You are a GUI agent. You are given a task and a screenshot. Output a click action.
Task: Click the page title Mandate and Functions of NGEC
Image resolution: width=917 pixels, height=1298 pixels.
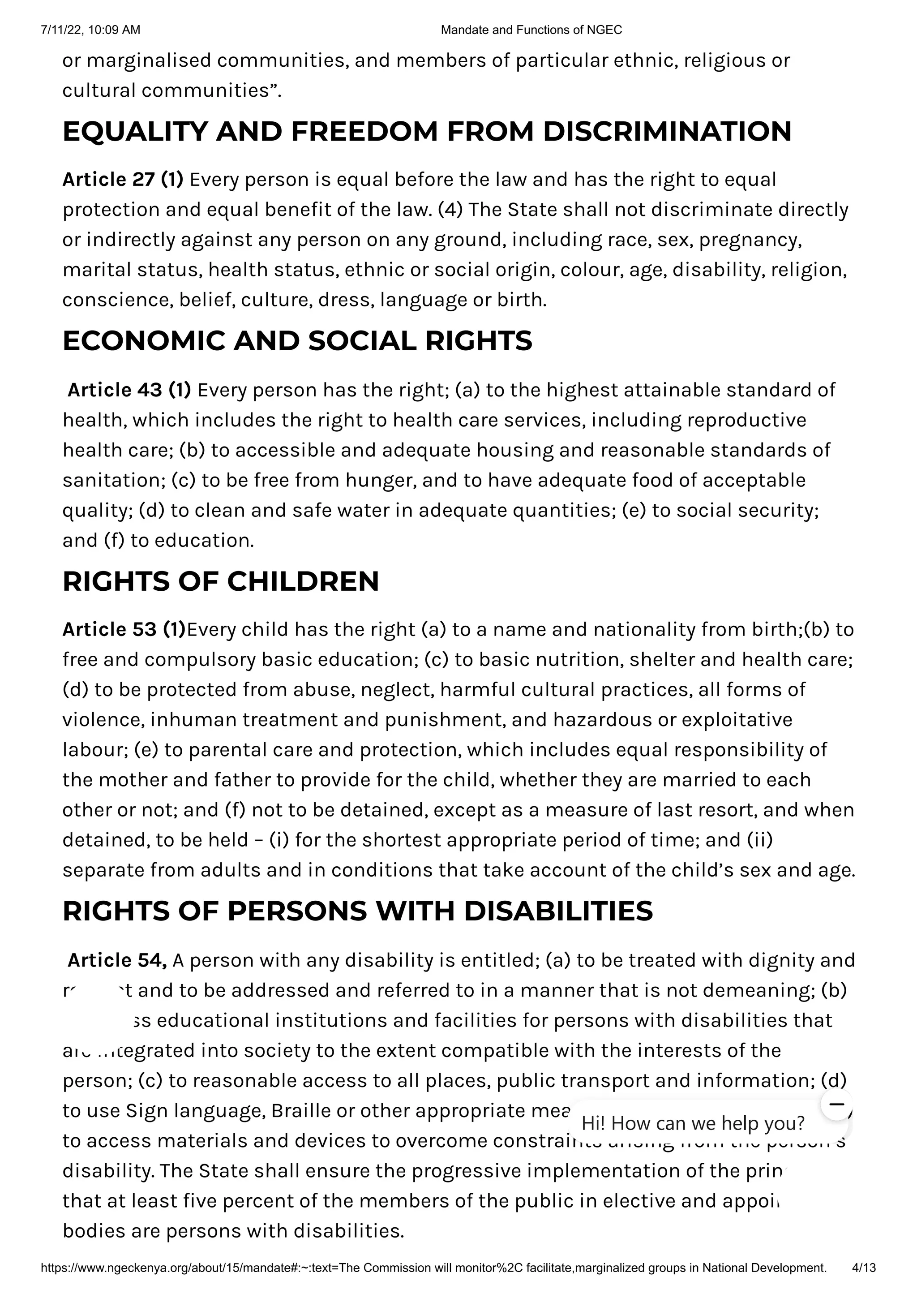point(531,30)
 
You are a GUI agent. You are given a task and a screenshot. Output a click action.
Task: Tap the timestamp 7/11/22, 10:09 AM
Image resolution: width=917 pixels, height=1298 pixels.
point(90,30)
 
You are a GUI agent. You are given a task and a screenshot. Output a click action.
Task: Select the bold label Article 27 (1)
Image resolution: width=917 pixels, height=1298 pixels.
point(123,180)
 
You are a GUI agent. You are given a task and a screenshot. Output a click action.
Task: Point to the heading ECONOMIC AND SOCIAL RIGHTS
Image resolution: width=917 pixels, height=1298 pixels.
point(297,341)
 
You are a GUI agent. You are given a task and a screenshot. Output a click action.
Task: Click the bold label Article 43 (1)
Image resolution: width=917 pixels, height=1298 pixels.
point(129,390)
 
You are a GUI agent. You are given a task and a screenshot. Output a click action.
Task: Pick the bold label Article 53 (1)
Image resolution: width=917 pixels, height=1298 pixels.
point(124,629)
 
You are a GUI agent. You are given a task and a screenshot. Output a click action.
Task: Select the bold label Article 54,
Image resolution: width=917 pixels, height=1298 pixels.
point(117,960)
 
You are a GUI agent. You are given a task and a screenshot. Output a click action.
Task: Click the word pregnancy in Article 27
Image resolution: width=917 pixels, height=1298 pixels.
point(750,240)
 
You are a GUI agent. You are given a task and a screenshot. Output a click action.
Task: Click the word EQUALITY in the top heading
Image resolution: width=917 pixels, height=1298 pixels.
point(136,132)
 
